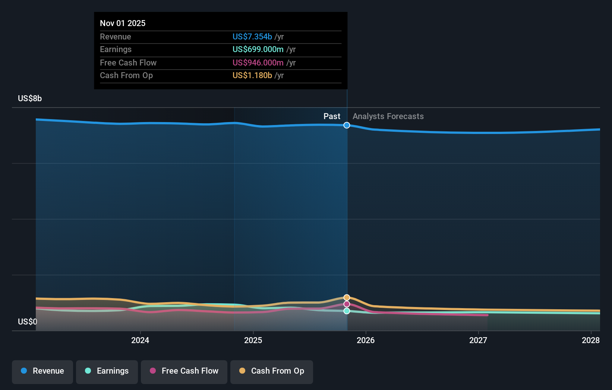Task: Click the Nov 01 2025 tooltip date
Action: tap(123, 23)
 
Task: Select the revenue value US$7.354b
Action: tap(252, 36)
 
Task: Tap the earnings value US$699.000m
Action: tap(258, 49)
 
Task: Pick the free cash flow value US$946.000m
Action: tap(258, 63)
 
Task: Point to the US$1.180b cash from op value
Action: tap(252, 76)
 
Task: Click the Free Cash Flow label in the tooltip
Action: tap(128, 63)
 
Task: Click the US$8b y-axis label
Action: tap(30, 99)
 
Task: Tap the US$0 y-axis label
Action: tap(28, 322)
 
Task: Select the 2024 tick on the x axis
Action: tap(140, 340)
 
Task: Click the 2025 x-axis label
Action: tap(253, 340)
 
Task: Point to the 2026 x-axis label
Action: tap(366, 340)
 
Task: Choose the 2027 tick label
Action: tap(478, 340)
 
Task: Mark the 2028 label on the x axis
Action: tap(591, 340)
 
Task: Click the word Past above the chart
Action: tap(332, 116)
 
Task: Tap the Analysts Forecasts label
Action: tap(388, 116)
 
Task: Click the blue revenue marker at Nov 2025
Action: tap(347, 125)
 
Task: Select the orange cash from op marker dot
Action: tap(347, 297)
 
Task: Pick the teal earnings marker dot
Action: tap(347, 311)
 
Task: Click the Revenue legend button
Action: tap(42, 371)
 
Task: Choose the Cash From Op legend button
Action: tap(272, 371)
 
